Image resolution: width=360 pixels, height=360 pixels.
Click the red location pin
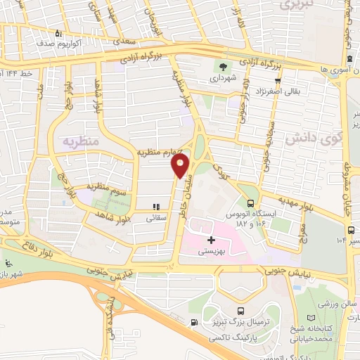click(x=181, y=166)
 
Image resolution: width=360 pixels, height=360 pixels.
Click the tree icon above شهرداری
click(x=223, y=69)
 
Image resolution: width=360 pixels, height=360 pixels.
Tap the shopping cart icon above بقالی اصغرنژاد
click(x=278, y=80)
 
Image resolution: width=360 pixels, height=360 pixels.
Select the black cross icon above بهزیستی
click(x=212, y=240)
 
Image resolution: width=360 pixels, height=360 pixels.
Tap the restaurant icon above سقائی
click(x=156, y=207)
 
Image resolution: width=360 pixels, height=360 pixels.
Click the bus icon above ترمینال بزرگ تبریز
click(x=242, y=311)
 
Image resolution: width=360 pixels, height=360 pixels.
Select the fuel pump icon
click(x=193, y=323)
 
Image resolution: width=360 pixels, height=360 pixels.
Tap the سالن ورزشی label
click(x=335, y=304)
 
